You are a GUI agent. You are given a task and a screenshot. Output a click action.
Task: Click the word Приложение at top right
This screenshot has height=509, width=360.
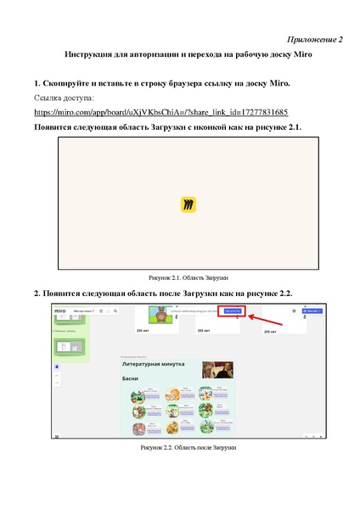(310, 39)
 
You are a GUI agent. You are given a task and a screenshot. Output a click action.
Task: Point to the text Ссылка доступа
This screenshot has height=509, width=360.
(66, 98)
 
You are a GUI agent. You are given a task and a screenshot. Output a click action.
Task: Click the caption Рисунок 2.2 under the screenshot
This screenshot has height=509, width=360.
(188, 446)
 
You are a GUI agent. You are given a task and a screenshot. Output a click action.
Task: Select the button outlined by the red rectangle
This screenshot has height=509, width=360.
(233, 311)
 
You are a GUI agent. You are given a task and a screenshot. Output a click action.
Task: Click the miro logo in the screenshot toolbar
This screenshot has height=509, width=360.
(62, 311)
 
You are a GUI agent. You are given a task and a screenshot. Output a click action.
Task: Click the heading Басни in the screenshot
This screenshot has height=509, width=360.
(130, 378)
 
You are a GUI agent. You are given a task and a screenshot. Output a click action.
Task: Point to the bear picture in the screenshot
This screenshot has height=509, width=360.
(158, 316)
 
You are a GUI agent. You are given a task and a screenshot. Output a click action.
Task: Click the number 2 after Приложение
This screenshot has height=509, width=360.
(340, 39)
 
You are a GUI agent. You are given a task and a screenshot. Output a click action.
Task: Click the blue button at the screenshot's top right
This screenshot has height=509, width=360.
(313, 311)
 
